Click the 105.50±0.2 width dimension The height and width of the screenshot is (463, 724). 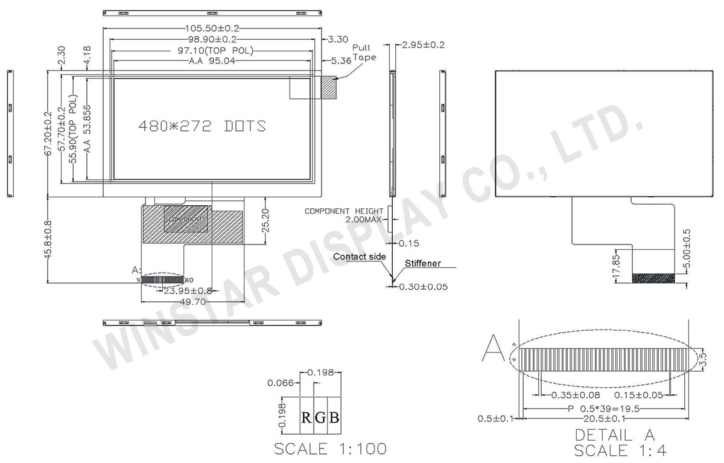[x=212, y=28]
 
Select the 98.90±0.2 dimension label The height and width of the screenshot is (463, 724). [x=212, y=39]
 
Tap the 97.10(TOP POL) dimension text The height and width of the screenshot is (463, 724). [x=212, y=50]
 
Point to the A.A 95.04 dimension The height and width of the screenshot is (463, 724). [x=212, y=61]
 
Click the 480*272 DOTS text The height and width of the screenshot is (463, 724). [x=202, y=126]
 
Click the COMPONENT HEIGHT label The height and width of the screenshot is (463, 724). [x=344, y=211]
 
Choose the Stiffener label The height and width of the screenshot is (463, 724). [x=422, y=264]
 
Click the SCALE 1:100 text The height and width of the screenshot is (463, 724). [x=330, y=449]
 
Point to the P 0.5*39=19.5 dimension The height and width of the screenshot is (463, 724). [x=603, y=409]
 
